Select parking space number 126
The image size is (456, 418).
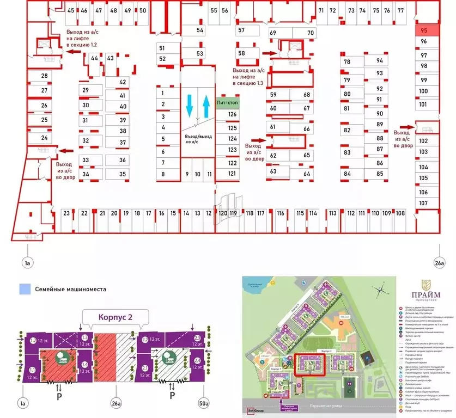tap(233, 114)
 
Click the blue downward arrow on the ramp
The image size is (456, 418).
tap(190, 104)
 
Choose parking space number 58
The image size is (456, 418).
tap(241, 53)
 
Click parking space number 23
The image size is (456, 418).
tap(66, 214)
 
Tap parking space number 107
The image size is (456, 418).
tap(423, 203)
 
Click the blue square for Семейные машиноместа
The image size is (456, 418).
tap(23, 290)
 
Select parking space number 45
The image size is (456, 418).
tap(71, 10)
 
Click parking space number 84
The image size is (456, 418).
tap(346, 174)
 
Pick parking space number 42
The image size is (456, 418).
tap(123, 82)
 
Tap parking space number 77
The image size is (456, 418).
tap(400, 10)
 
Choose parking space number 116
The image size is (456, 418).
tap(280, 213)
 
